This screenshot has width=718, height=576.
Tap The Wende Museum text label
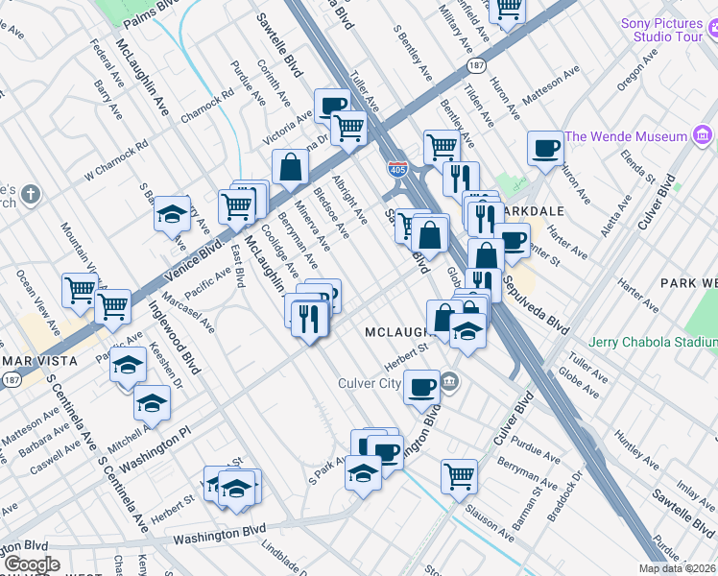[x=627, y=136]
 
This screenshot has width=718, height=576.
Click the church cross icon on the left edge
[x=31, y=196]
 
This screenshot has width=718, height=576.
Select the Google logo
[x=31, y=564]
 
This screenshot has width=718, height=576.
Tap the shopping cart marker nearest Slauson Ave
[x=460, y=474]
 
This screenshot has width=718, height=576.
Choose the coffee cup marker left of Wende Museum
[x=545, y=148]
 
